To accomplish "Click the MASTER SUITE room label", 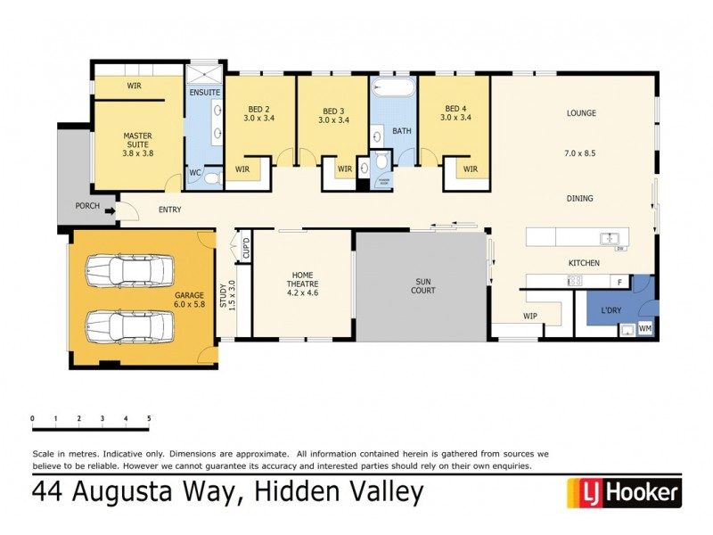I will click(x=137, y=144).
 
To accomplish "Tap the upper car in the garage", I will click(x=127, y=269).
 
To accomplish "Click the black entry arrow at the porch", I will click(x=110, y=211).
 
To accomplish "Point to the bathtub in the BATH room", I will click(x=392, y=89).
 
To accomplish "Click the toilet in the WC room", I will click(x=211, y=178).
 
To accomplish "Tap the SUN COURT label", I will click(x=422, y=285).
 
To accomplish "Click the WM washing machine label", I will click(x=645, y=330).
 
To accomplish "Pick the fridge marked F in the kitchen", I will click(x=619, y=282).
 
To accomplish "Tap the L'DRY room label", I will click(x=611, y=309).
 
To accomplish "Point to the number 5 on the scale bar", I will click(x=149, y=418).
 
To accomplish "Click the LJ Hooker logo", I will click(x=624, y=491).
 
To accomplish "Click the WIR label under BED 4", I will click(x=470, y=169).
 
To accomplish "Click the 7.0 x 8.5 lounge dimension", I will click(x=580, y=154).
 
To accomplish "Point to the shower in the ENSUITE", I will click(x=204, y=73).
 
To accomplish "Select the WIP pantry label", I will click(x=530, y=316).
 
